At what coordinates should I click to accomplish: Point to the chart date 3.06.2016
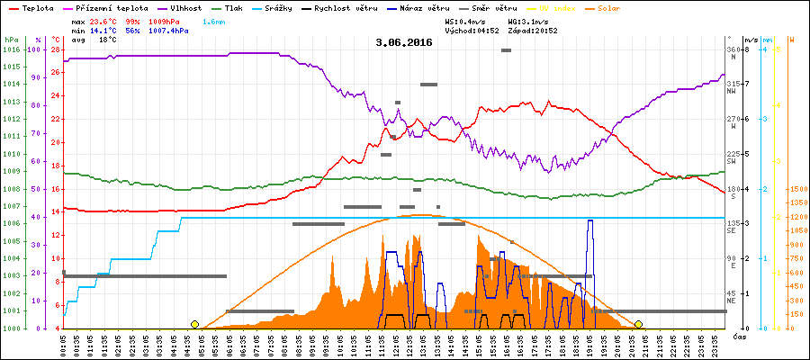coord(404,41)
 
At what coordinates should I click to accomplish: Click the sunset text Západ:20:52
coord(533,30)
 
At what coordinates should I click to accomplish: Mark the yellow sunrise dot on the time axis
coord(194,324)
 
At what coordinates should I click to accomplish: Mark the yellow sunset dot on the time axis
coord(638,324)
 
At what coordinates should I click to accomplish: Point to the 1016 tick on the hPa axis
coord(11,49)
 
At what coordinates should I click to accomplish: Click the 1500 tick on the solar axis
coord(796,190)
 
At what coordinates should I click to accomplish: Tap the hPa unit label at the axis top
coord(11,40)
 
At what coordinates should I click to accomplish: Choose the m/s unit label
coord(750,40)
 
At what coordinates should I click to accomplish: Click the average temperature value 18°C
coord(107,40)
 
